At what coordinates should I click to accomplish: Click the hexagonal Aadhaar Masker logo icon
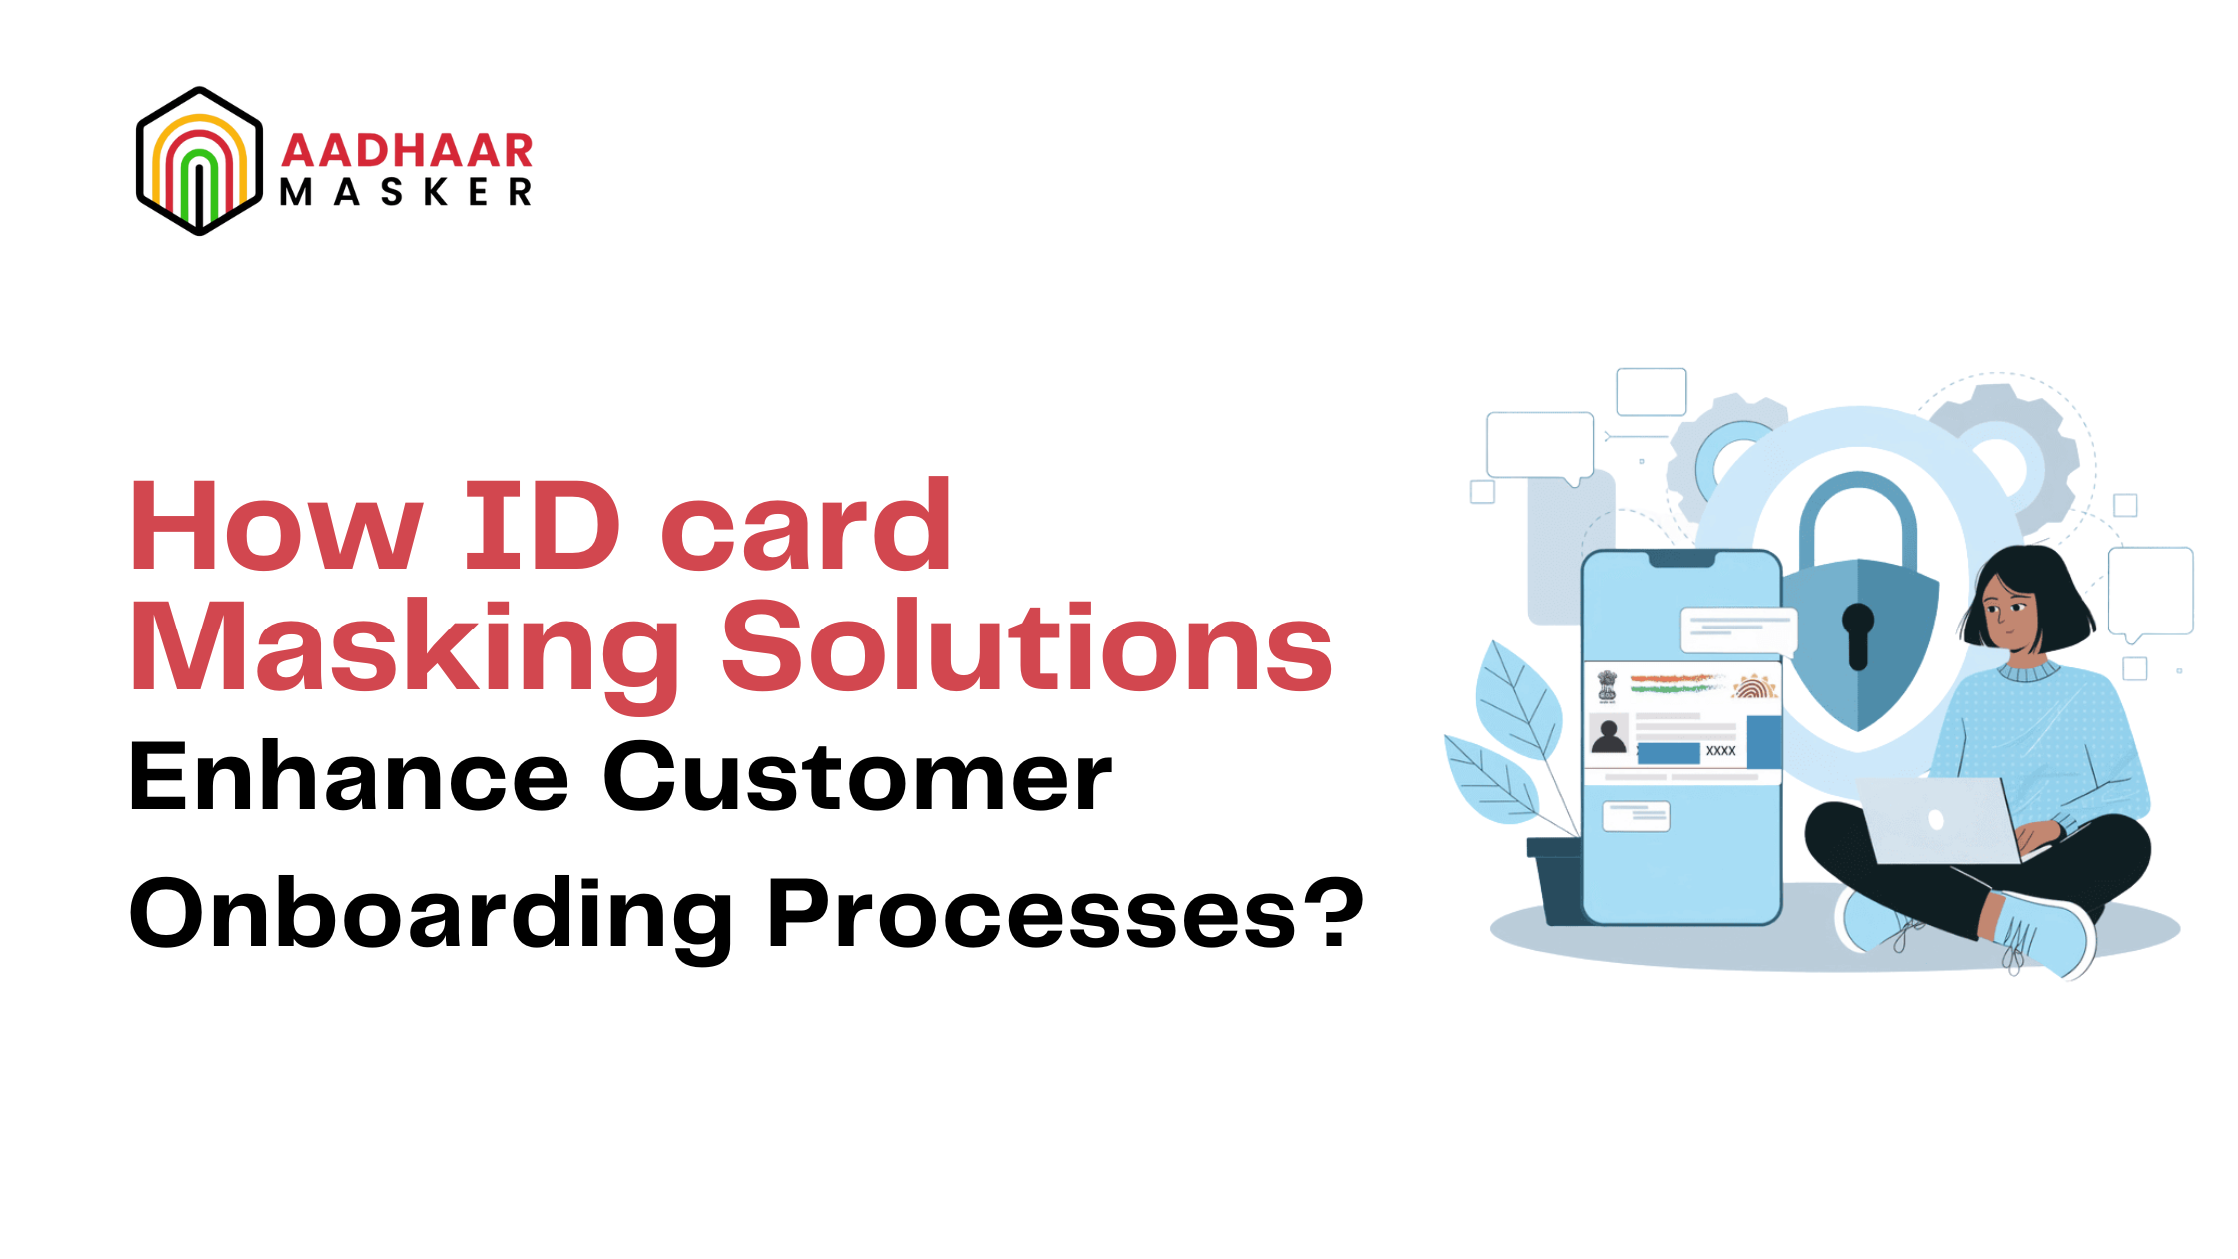[x=199, y=161]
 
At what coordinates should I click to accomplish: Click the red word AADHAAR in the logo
[x=407, y=150]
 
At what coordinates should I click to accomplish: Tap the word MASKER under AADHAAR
[x=405, y=192]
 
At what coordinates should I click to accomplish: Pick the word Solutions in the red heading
[x=1027, y=647]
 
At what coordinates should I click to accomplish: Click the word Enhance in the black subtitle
[x=349, y=777]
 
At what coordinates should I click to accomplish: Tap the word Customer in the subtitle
[x=857, y=777]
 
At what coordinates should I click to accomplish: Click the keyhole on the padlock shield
[x=1858, y=634]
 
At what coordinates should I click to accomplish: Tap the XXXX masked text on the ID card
[x=1720, y=751]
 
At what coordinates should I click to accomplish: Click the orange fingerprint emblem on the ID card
[x=1755, y=686]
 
